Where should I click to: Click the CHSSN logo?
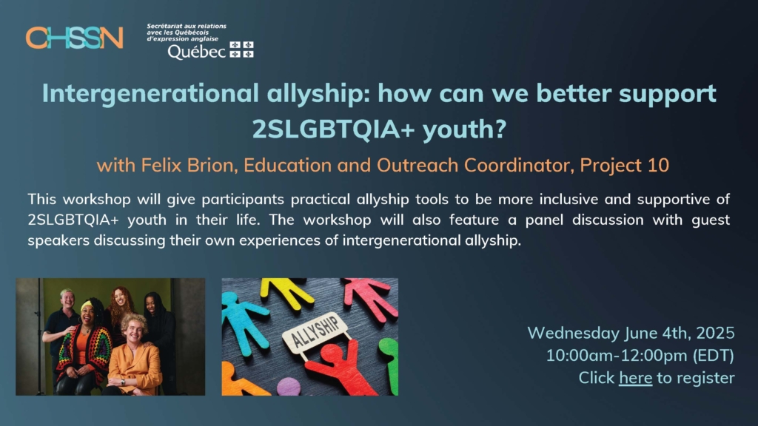pos(75,38)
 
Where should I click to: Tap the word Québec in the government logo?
pos(196,51)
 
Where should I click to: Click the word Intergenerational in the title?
pos(150,94)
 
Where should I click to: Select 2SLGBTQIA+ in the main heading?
pos(333,129)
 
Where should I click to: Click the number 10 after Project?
pos(659,165)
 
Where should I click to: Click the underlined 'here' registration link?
pos(635,378)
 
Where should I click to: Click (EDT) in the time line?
pos(714,356)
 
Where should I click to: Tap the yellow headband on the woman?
pos(87,305)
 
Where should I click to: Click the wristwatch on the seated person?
pos(123,382)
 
